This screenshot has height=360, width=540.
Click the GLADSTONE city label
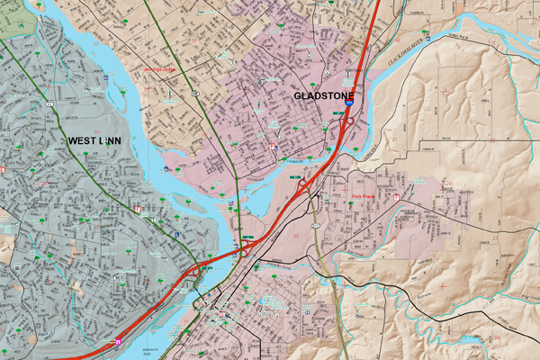pos(325,96)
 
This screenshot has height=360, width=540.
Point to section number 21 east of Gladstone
pos(396,139)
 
